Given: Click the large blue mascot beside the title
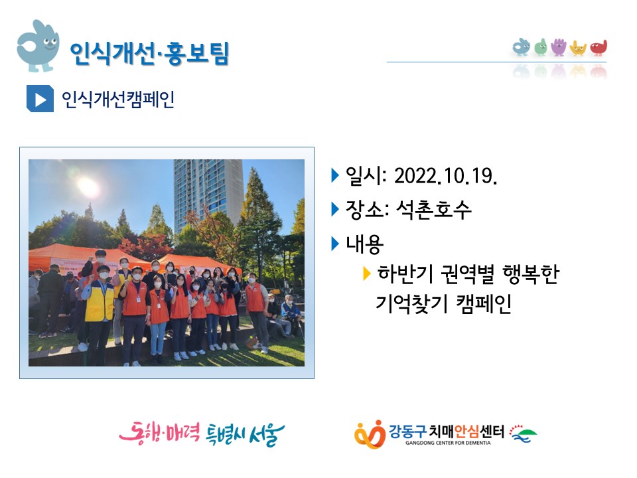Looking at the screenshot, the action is (38, 46).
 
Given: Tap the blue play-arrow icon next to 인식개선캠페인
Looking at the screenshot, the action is (40, 98).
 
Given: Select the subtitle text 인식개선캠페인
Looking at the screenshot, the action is (118, 99).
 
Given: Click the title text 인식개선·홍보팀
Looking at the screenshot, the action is (149, 54).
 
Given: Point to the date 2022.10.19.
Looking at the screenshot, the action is (446, 176).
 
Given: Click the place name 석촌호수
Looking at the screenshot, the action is (433, 210).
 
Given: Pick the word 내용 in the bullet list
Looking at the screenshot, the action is (364, 244).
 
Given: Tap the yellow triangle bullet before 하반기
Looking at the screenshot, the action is (366, 274).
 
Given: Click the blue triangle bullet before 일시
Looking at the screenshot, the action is (335, 175).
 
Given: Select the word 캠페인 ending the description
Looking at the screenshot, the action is (484, 303).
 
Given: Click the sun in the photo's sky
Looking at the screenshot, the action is (88, 187).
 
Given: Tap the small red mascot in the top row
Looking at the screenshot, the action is (599, 48).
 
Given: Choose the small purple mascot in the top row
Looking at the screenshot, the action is (559, 47).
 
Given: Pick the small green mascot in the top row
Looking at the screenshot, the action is (540, 47).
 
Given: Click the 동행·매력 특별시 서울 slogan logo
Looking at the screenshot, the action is (202, 434).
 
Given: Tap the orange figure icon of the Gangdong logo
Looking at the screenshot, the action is (370, 434).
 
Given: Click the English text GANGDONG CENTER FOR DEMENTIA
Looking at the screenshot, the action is (448, 443).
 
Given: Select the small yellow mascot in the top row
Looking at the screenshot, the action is (578, 48).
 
